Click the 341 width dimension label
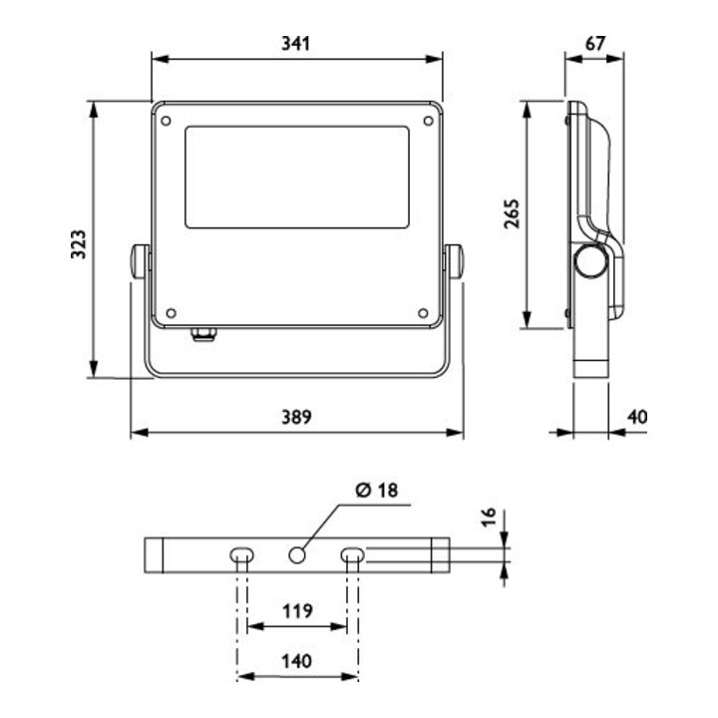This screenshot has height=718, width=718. (x=295, y=44)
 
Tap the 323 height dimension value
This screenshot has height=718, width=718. (x=79, y=244)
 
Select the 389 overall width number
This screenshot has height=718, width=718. (x=296, y=417)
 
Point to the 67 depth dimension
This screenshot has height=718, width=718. (x=595, y=44)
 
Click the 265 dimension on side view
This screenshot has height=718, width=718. (x=512, y=213)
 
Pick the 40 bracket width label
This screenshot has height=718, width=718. (x=637, y=417)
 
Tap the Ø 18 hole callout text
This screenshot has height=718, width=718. (x=377, y=490)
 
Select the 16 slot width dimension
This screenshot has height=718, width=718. (x=489, y=517)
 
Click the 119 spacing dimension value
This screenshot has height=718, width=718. (x=297, y=611)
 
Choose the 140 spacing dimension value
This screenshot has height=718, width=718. (x=296, y=661)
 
